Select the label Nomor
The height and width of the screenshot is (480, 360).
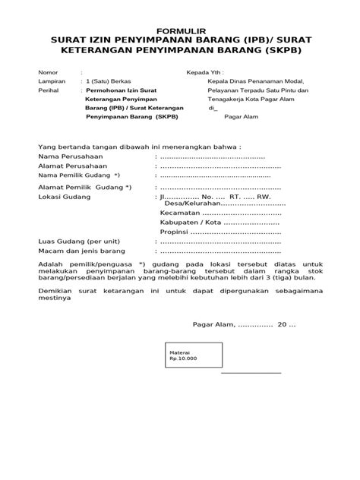48,73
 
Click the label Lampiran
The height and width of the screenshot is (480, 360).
52,81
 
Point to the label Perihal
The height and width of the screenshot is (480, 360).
48,90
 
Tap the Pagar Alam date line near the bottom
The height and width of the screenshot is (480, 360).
243,324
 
